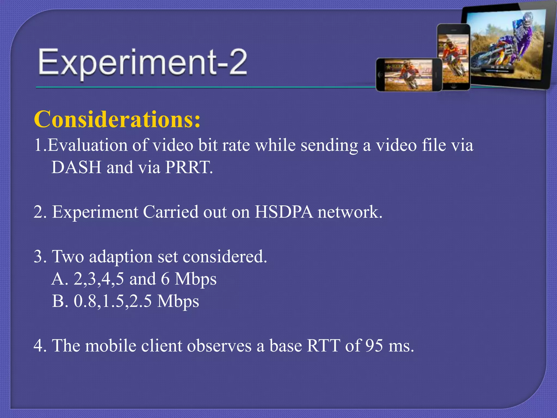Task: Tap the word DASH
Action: [76, 167]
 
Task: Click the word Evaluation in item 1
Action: [87, 145]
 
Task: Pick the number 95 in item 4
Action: [374, 346]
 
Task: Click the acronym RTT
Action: [323, 346]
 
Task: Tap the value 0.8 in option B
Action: [85, 301]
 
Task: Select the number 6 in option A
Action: [165, 279]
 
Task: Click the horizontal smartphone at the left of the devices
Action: [409, 75]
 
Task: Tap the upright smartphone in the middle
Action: [454, 57]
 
